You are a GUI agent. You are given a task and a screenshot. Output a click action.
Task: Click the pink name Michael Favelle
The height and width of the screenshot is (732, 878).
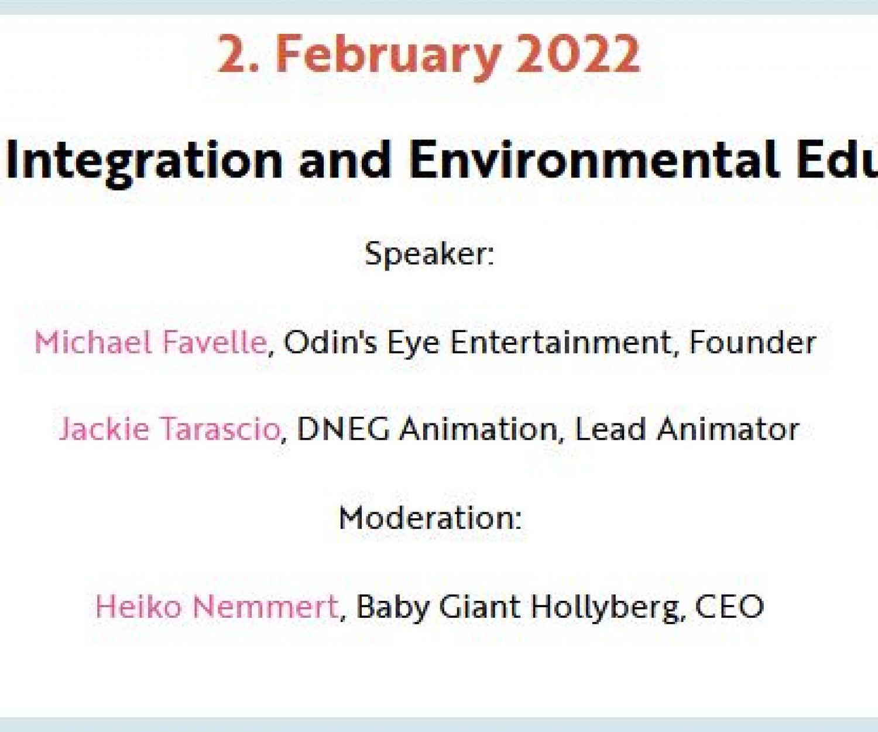(150, 342)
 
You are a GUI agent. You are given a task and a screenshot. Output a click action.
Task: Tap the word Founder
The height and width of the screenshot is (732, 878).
(753, 342)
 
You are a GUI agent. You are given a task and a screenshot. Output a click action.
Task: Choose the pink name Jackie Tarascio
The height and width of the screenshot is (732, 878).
(170, 429)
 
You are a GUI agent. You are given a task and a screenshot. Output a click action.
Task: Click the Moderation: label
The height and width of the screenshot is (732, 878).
(430, 518)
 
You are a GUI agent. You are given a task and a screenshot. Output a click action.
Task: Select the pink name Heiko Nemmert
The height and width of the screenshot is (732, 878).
(217, 606)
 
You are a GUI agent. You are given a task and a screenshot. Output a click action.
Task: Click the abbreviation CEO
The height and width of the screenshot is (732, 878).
(729, 606)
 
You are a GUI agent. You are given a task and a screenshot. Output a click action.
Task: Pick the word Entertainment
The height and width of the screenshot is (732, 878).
(560, 342)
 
